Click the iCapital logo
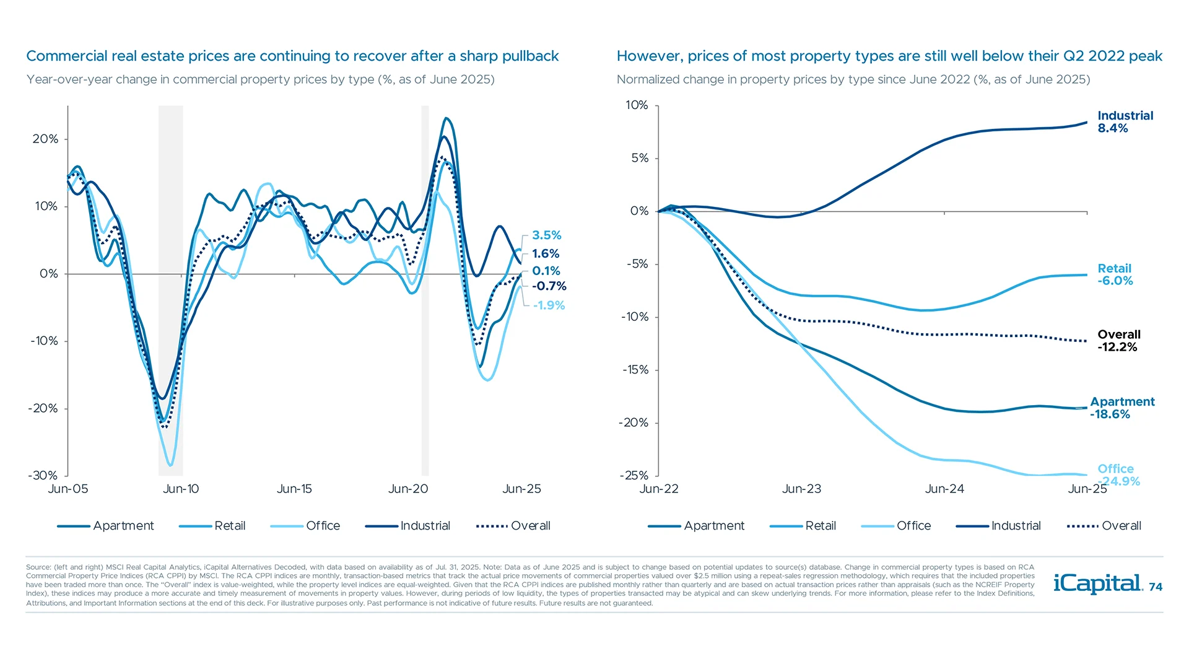pyautogui.click(x=1097, y=584)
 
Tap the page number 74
pyautogui.click(x=1156, y=587)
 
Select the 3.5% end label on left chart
pyautogui.click(x=546, y=235)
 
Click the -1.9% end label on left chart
pyautogui.click(x=549, y=305)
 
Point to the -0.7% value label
pyautogui.click(x=549, y=286)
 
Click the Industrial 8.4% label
pyautogui.click(x=1125, y=122)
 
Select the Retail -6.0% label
pyautogui.click(x=1115, y=274)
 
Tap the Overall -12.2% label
pyautogui.click(x=1118, y=341)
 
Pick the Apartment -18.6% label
pyautogui.click(x=1121, y=408)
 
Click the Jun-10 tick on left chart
pyautogui.click(x=181, y=489)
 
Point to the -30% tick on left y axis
pyautogui.click(x=43, y=476)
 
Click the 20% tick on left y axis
pyautogui.click(x=45, y=139)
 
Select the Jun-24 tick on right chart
pyautogui.click(x=944, y=489)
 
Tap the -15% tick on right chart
pyautogui.click(x=635, y=370)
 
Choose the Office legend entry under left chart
pyautogui.click(x=322, y=526)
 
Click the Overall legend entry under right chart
pyautogui.click(x=1120, y=526)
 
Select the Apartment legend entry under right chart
pyautogui.click(x=713, y=526)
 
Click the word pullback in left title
pyautogui.click(x=530, y=56)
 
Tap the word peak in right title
pyautogui.click(x=1145, y=56)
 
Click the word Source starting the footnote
pyautogui.click(x=38, y=567)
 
